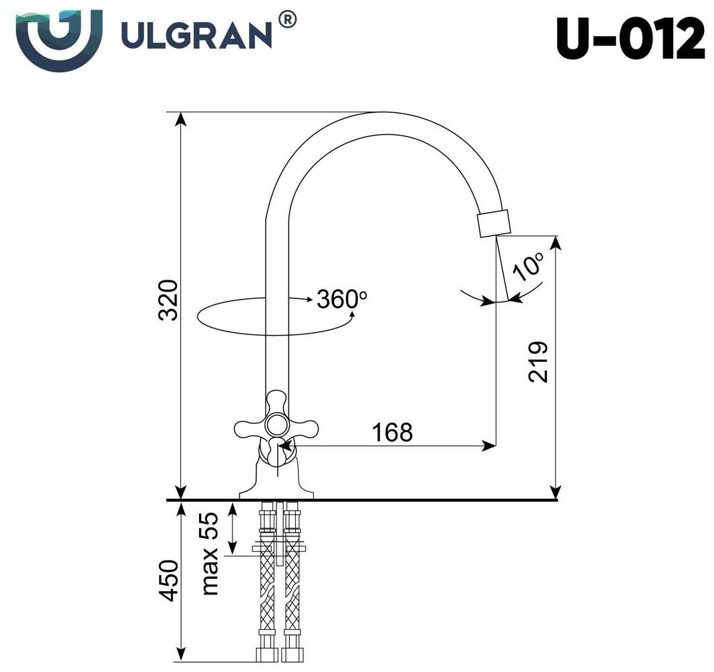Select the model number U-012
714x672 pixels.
coord(631,38)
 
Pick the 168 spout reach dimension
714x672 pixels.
coord(393,432)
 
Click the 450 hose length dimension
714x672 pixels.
coord(168,580)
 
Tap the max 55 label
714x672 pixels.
coord(210,553)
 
